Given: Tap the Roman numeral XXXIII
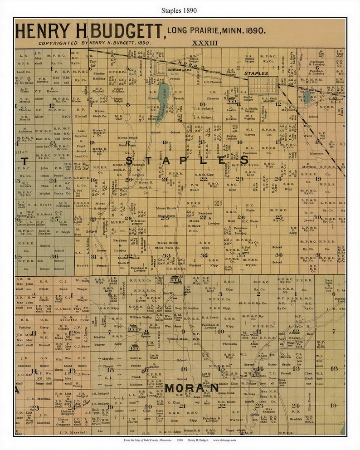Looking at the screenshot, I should (x=205, y=43).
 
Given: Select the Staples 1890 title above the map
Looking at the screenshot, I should (x=180, y=10).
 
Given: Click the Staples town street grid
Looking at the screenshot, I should (x=263, y=85).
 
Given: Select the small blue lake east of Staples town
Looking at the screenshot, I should (x=307, y=97).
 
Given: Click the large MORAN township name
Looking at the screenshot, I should (x=192, y=388).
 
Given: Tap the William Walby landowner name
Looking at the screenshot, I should (x=141, y=317).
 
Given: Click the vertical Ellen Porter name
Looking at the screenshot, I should (x=310, y=399).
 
